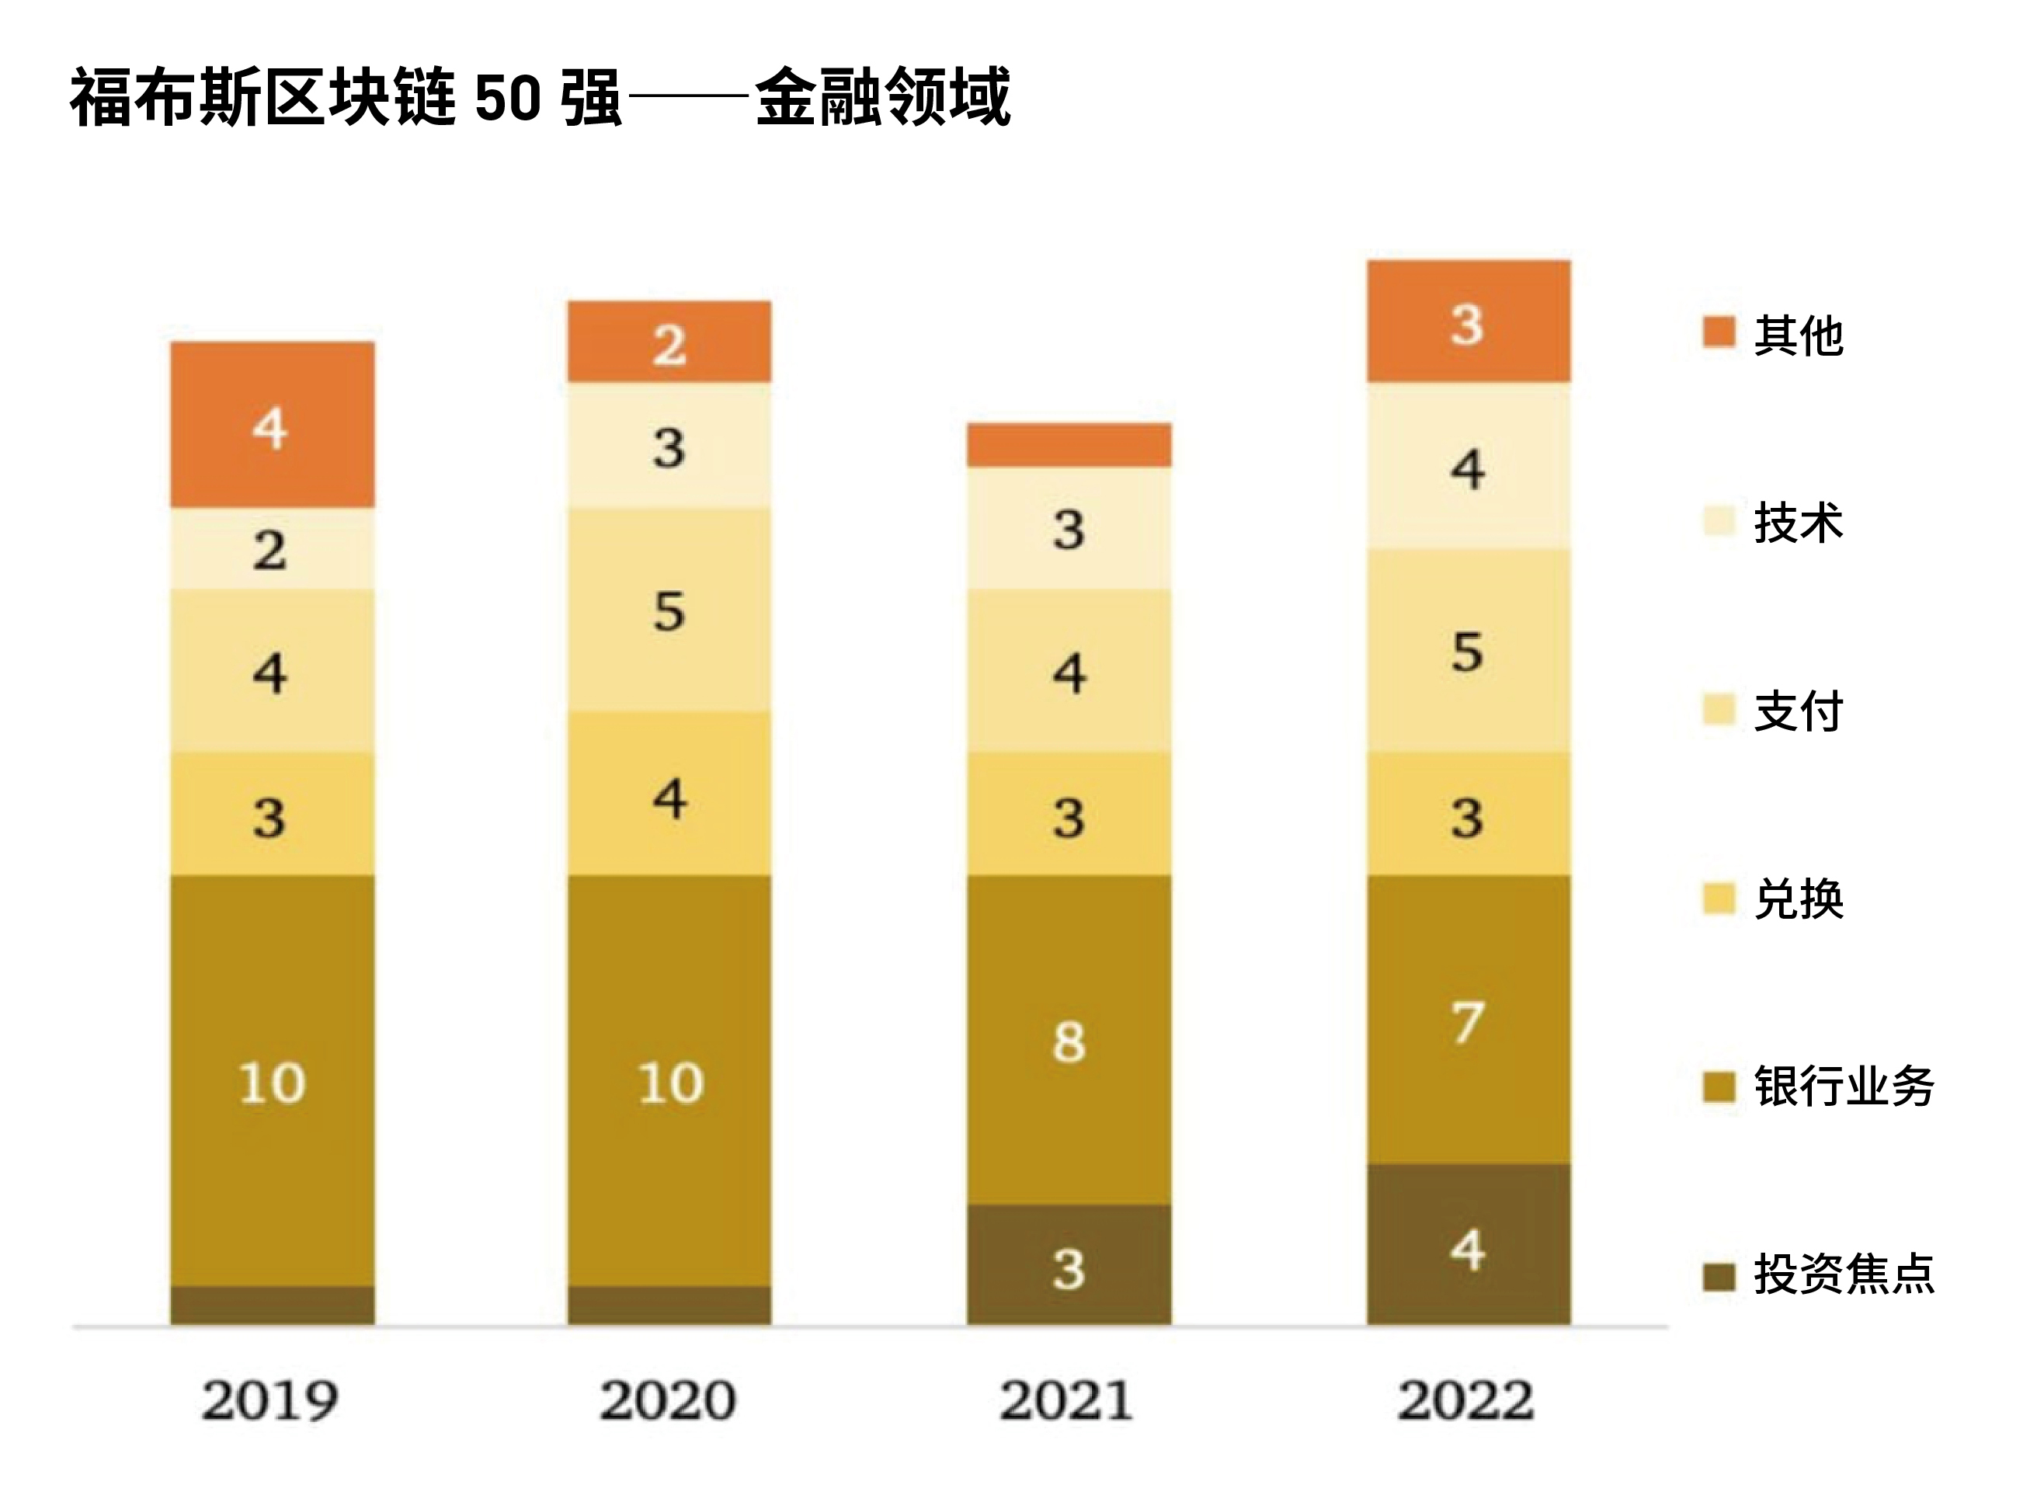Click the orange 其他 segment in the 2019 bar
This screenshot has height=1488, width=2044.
(x=272, y=425)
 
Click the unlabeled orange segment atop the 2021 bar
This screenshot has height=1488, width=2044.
(x=1069, y=445)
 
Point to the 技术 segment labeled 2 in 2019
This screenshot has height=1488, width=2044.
(x=272, y=549)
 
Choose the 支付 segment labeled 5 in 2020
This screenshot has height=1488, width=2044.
(x=669, y=610)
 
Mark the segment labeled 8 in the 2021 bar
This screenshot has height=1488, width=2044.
(x=1069, y=1040)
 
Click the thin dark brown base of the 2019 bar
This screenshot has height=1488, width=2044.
(x=272, y=1305)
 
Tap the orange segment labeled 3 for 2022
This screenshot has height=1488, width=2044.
(x=1468, y=322)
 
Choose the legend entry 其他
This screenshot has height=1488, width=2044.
(x=1797, y=335)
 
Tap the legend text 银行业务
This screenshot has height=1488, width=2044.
(x=1843, y=1086)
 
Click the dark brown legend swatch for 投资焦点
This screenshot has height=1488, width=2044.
(x=1719, y=1276)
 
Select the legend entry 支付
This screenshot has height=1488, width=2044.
(x=1797, y=711)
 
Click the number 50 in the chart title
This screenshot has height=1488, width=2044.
(x=506, y=97)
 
